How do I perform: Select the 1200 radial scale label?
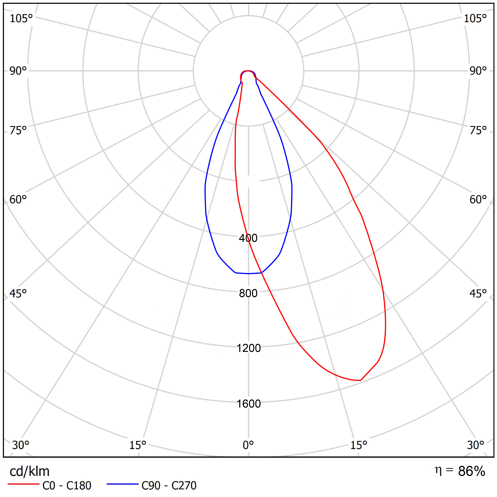[x=248, y=348]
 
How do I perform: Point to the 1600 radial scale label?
[x=248, y=404]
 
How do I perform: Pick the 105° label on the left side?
[x=21, y=19]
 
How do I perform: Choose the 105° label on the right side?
[x=475, y=19]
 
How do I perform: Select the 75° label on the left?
[x=18, y=131]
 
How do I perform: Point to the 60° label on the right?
[x=478, y=200]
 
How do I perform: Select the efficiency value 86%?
[x=472, y=471]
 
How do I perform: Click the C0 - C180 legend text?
[x=67, y=486]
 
